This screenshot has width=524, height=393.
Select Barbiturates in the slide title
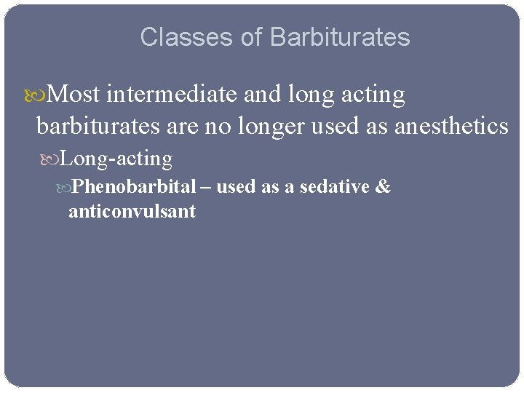[x=341, y=37]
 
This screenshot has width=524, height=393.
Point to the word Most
[x=76, y=95]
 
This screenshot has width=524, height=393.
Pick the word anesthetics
[x=451, y=127]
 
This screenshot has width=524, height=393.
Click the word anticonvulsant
[x=132, y=213]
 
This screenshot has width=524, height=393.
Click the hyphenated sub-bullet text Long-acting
[x=116, y=159]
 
